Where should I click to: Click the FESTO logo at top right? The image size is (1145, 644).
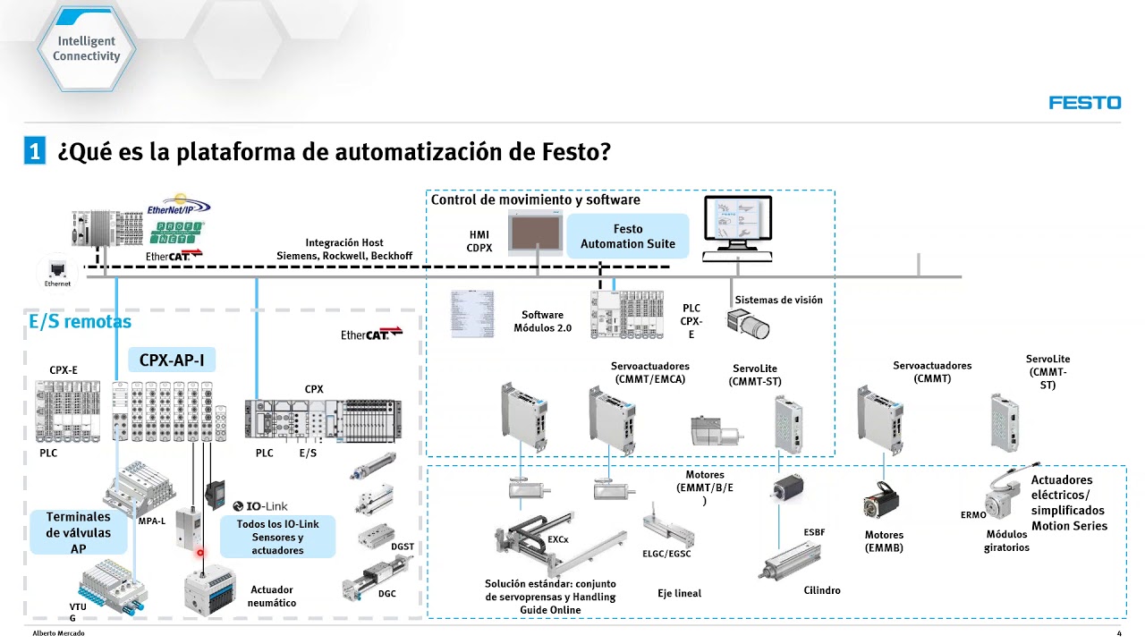1084,103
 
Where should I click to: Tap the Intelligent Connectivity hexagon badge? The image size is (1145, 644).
86,48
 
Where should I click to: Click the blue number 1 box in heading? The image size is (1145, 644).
34,151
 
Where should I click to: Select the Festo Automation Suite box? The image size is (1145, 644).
627,236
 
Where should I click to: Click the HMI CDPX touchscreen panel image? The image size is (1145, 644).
536,235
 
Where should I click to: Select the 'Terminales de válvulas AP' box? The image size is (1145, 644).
79,532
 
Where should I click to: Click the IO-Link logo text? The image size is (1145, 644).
260,506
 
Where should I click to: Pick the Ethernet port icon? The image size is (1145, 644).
56,269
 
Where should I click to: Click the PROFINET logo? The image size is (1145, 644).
176,233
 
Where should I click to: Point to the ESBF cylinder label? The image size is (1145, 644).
814,532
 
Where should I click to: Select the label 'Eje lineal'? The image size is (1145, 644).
679,593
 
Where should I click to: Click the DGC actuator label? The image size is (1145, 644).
386,593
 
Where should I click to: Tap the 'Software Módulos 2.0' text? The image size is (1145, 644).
542,321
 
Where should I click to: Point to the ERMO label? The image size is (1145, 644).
973,515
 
